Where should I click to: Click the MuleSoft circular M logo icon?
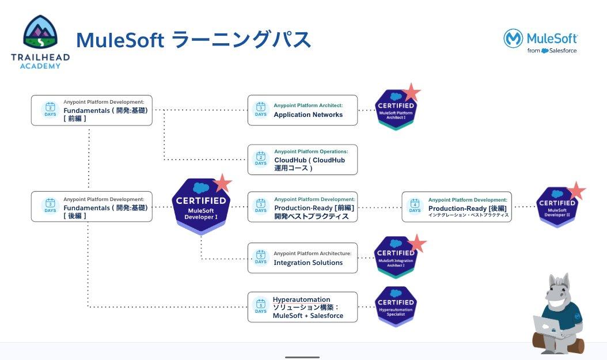(x=513, y=39)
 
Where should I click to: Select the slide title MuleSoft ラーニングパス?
(x=194, y=40)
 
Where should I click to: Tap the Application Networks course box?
(x=302, y=110)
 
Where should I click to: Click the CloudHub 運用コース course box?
(x=302, y=160)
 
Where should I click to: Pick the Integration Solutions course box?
(x=302, y=258)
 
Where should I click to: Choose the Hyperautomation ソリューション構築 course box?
(x=302, y=308)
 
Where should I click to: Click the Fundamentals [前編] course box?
(x=92, y=110)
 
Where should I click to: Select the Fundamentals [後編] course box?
(x=92, y=207)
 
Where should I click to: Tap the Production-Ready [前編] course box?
(x=302, y=207)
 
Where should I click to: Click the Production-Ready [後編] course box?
(x=457, y=207)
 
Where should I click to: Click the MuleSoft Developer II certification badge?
(x=556, y=206)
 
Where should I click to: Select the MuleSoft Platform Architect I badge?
(x=395, y=109)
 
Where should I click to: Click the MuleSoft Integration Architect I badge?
(x=395, y=257)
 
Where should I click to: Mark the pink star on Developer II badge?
(x=576, y=190)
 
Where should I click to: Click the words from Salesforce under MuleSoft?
(x=552, y=51)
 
